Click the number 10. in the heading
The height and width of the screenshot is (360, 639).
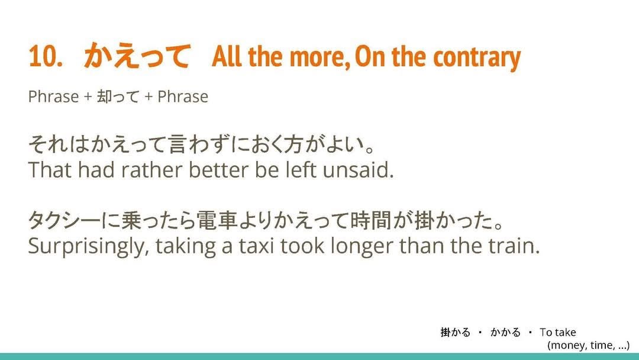pyautogui.click(x=45, y=56)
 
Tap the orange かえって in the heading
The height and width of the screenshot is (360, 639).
pyautogui.click(x=137, y=56)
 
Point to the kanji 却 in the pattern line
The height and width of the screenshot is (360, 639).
pyautogui.click(x=104, y=97)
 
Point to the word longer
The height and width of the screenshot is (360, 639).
pyautogui.click(x=362, y=247)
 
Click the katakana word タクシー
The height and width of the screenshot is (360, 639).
pyautogui.click(x=64, y=221)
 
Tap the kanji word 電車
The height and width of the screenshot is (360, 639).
pyautogui.click(x=217, y=221)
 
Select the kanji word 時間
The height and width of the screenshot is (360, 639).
pyautogui.click(x=370, y=221)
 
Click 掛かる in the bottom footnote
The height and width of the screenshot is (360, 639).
pyautogui.click(x=456, y=332)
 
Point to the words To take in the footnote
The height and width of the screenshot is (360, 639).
pyautogui.click(x=558, y=332)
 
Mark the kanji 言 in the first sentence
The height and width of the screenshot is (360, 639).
pyautogui.click(x=178, y=144)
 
